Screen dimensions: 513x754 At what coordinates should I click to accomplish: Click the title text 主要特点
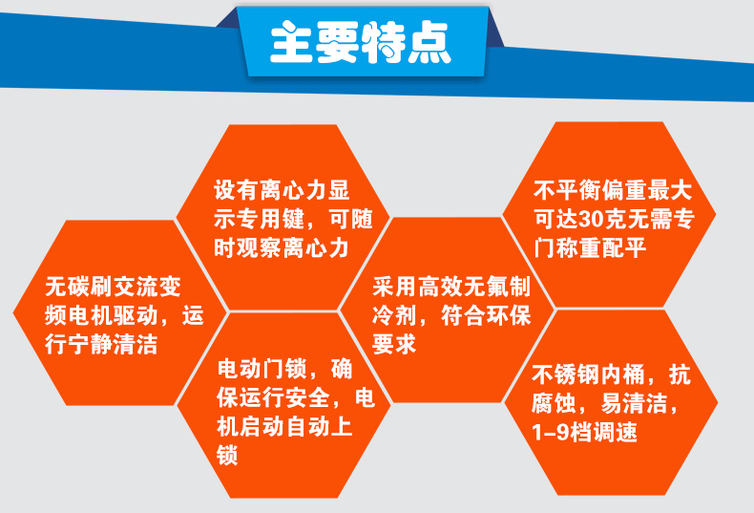point(361,42)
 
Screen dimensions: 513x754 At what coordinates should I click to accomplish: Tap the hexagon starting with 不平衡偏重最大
point(611,215)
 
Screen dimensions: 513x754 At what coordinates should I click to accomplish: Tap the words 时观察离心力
point(279,248)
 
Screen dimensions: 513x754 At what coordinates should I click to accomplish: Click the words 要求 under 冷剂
point(394,345)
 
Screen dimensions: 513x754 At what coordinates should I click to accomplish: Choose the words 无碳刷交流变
point(112,285)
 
